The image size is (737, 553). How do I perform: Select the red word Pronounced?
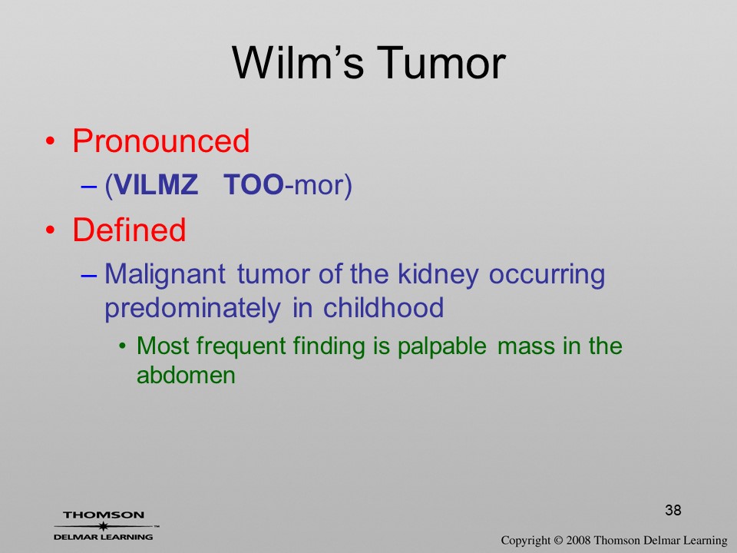pyautogui.click(x=160, y=141)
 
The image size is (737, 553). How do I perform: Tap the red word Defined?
pyautogui.click(x=129, y=230)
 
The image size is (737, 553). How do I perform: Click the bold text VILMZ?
pyautogui.click(x=156, y=184)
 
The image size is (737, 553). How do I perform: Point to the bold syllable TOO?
pyautogui.click(x=254, y=184)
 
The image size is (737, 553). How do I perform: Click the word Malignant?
pyautogui.click(x=165, y=275)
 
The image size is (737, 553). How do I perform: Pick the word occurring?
pyautogui.click(x=547, y=275)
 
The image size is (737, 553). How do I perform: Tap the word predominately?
pyautogui.click(x=192, y=309)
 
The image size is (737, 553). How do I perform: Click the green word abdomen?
pyautogui.click(x=186, y=376)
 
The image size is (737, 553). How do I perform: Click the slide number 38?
pyautogui.click(x=673, y=510)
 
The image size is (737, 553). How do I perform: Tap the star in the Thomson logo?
pyautogui.click(x=103, y=526)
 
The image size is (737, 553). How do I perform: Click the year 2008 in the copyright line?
pyautogui.click(x=577, y=540)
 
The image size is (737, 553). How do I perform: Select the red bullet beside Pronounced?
pyautogui.click(x=50, y=141)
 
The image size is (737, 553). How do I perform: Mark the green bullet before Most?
pyautogui.click(x=123, y=347)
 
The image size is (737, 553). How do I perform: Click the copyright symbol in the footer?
pyautogui.click(x=558, y=540)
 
